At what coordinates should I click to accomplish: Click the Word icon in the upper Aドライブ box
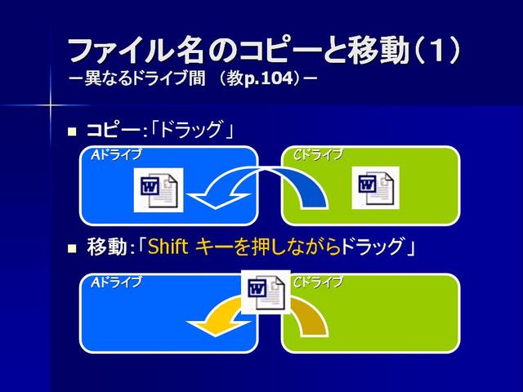click(x=159, y=189)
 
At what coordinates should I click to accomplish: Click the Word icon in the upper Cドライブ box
click(x=376, y=188)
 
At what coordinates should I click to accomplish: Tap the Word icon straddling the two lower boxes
click(x=266, y=292)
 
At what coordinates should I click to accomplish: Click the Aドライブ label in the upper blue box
click(x=116, y=155)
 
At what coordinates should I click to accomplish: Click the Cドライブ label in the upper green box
click(x=318, y=155)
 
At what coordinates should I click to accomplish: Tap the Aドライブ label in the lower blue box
click(x=116, y=283)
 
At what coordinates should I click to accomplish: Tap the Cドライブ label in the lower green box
click(x=318, y=283)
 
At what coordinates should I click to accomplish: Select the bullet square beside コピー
click(x=72, y=131)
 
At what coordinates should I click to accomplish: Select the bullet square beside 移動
click(x=72, y=248)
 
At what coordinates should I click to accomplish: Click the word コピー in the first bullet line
click(x=114, y=130)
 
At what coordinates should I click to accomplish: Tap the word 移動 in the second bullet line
click(x=107, y=247)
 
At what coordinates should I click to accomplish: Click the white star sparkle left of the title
click(x=50, y=105)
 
